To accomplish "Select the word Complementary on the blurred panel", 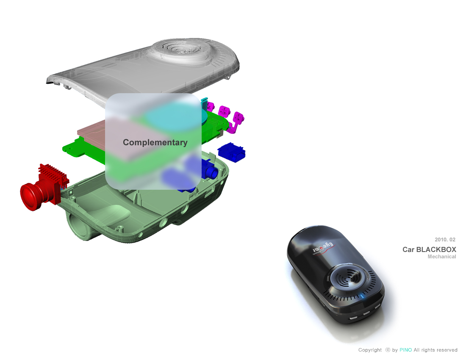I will click(x=155, y=143).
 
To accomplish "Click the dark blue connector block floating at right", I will click(x=231, y=152).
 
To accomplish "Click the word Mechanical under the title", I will click(x=442, y=257).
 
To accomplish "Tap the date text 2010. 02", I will click(x=445, y=240).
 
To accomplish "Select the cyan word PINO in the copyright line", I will click(x=406, y=350).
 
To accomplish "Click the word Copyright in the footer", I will click(x=370, y=350).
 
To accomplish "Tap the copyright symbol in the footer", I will click(x=388, y=350).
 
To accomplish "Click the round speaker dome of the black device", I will click(x=349, y=277).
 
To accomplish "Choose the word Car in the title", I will click(x=408, y=249).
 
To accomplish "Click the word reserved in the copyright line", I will click(x=447, y=350).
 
